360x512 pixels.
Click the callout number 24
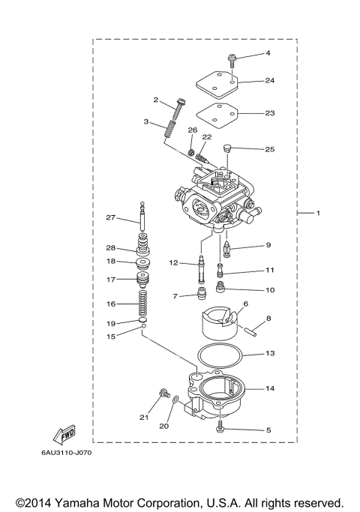click(270, 80)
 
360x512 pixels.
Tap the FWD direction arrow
click(64, 434)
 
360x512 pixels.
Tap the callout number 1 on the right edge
click(317, 214)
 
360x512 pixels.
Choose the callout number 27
click(110, 218)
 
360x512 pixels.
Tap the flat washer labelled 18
click(139, 263)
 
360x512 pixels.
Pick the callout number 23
click(270, 113)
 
